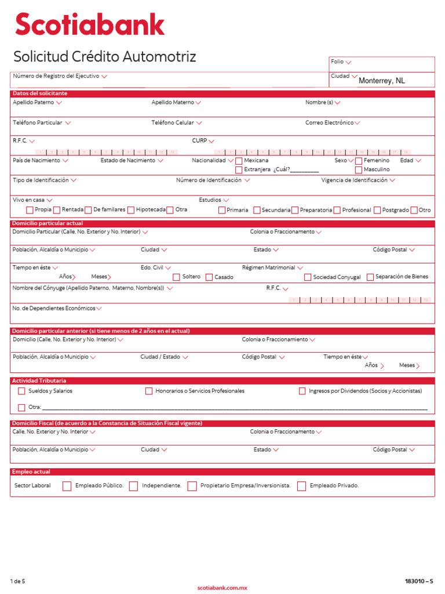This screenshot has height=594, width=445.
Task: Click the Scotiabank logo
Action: pos(90,26)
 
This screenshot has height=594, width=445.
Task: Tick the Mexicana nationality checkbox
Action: pos(239,161)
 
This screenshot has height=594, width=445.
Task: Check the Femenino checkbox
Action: pos(359,161)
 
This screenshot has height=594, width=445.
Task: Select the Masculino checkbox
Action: pos(359,170)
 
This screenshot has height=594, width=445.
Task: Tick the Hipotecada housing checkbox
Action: pos(131,210)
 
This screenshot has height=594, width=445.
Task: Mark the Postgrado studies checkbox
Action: pos(377,210)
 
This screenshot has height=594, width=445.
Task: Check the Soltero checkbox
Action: pos(177,277)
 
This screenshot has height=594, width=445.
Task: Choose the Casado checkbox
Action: pos(209,277)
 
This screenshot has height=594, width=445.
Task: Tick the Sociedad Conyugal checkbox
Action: pos(308,277)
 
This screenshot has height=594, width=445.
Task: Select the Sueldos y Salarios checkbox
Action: pos(21,391)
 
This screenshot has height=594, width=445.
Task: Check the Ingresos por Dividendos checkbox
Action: pos(302,391)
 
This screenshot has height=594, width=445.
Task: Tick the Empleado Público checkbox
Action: pos(67,486)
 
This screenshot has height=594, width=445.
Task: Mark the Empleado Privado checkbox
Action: pos(301,486)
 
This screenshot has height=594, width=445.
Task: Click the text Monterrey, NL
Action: pos(382,81)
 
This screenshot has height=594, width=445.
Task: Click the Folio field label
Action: pos(337,61)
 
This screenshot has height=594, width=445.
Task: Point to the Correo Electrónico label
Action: pos(329,123)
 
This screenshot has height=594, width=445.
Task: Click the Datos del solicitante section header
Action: pos(39,93)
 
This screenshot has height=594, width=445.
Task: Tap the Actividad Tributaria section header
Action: pos(39,381)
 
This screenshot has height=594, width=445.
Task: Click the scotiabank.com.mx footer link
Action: pos(222,588)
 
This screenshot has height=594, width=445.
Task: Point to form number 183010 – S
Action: pos(419,581)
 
